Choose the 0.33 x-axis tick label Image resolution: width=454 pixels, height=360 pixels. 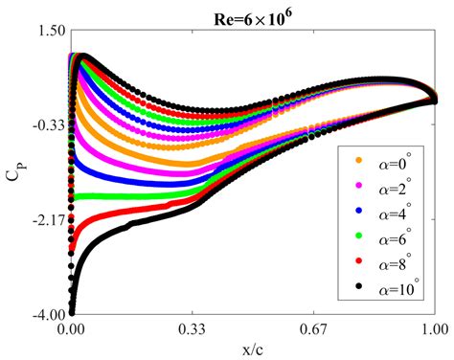[x=193, y=328]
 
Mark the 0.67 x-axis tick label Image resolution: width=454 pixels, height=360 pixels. [x=313, y=328]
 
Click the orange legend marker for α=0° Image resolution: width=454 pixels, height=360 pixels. [x=360, y=160]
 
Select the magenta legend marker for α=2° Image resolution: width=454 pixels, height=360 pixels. [x=360, y=185]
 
